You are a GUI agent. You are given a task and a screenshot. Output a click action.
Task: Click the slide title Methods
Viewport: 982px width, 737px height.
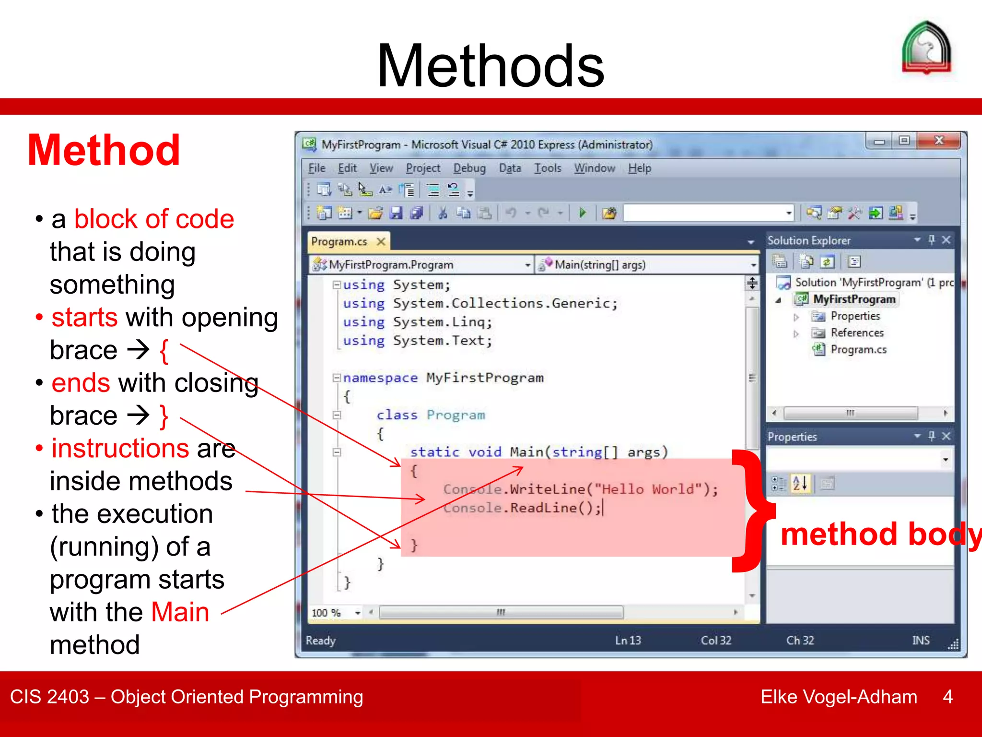[490, 66]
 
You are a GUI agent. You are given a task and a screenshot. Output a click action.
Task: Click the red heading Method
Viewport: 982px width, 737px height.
[104, 151]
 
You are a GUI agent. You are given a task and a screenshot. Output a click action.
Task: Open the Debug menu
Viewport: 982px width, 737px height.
[469, 168]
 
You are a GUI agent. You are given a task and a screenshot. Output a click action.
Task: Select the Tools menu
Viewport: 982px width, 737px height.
[547, 168]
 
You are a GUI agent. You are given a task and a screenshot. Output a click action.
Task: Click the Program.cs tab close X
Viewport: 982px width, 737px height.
[381, 241]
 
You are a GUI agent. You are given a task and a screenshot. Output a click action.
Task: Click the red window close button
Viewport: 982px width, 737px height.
[938, 141]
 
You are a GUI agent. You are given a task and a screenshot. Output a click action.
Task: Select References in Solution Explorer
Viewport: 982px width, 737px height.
[856, 333]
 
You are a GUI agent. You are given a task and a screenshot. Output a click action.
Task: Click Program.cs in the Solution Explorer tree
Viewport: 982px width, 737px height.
[858, 349]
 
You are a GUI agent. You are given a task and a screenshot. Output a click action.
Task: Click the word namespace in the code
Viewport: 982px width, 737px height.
[380, 378]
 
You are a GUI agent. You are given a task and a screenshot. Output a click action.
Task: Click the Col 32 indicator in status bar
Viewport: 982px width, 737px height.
[715, 641]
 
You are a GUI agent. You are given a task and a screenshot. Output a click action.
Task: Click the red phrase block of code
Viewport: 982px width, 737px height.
[154, 219]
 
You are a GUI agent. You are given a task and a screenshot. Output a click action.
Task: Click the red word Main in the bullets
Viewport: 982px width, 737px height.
[180, 612]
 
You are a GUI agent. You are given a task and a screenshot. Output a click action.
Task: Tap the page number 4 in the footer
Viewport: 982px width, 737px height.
[947, 697]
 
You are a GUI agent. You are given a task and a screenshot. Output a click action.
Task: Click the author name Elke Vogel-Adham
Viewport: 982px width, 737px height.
[838, 697]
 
